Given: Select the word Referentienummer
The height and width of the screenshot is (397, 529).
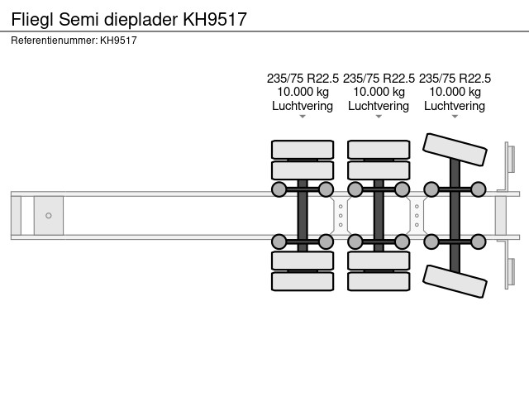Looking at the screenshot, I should pos(54,40).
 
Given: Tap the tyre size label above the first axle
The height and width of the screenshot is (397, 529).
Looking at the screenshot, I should pos(303,79).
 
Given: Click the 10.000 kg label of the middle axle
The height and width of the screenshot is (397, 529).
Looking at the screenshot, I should pos(379,92).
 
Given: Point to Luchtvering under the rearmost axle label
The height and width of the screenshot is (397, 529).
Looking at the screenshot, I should pos(455,106).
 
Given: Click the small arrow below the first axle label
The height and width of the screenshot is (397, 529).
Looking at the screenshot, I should pos(303,117).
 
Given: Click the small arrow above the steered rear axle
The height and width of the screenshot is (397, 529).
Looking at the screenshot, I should pos(455,117).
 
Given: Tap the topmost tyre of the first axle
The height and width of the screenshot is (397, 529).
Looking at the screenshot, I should pos(303,150).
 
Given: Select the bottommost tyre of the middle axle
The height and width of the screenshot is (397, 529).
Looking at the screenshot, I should pos(379,281).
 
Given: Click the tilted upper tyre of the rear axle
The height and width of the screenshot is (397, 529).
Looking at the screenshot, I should pos(455,153).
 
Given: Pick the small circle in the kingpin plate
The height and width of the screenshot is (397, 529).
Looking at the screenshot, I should pos(49,216).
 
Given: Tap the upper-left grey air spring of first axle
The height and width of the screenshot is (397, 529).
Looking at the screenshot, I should pos(279,190).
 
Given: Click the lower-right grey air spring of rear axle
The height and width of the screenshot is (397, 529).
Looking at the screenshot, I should pos(479,242).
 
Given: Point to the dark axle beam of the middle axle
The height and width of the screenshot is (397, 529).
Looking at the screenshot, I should pos(379,216).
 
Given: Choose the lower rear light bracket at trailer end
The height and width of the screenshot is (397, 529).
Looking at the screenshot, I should pos(510,273).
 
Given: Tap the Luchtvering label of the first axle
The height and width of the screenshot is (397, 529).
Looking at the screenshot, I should pos(303,106).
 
